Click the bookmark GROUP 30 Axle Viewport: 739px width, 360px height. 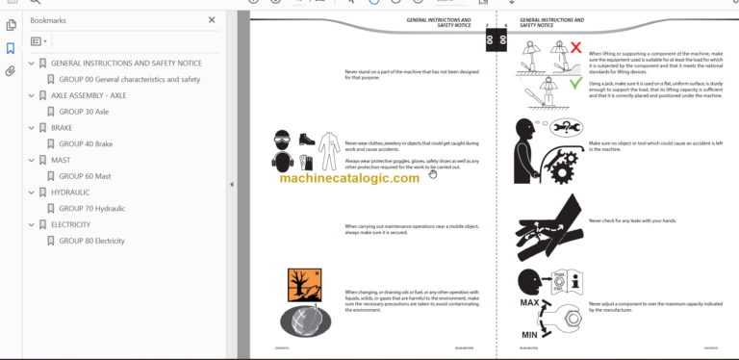[x=84, y=112]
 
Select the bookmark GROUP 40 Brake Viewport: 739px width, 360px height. [x=86, y=143]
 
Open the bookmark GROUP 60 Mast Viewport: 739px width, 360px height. [x=85, y=176]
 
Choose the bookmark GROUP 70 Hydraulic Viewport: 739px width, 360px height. [x=91, y=208]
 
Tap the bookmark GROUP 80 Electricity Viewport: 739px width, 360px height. [x=91, y=241]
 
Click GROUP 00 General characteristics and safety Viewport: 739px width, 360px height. [x=129, y=79]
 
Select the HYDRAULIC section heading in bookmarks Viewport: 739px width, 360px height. [x=73, y=192]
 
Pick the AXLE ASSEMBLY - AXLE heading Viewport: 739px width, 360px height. [x=89, y=95]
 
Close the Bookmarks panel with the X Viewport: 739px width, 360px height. [x=212, y=19]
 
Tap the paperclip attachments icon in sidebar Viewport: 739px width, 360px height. [x=11, y=71]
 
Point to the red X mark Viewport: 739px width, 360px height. [x=575, y=46]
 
